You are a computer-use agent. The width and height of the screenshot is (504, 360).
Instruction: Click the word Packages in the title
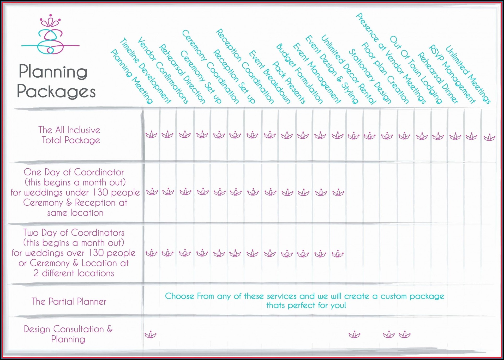pos(56,91)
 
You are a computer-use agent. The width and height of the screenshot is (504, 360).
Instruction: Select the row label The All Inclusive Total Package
pos(70,135)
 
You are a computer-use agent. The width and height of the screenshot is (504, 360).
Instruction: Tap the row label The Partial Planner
pos(69,302)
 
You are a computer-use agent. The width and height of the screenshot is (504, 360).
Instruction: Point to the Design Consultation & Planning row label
pos(68,334)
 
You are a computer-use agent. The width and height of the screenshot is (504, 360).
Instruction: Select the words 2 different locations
pos(74,273)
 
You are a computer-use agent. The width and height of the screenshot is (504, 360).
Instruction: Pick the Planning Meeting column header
pos(131,76)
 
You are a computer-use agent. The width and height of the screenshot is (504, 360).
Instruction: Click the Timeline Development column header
pos(145,70)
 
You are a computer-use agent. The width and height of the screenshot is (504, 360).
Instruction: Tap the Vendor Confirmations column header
pos(163,70)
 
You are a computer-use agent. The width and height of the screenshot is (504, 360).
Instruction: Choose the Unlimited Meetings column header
pos(468,75)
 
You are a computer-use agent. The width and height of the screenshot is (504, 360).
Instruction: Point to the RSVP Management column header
pos(452,74)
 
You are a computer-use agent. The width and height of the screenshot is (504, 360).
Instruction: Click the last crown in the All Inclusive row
pos(489,138)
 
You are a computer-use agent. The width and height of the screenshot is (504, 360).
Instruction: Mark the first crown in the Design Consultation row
pos(151,335)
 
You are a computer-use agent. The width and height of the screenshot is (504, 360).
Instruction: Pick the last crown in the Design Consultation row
pos(405,335)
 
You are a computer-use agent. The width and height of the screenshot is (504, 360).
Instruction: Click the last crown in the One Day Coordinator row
pos(338,193)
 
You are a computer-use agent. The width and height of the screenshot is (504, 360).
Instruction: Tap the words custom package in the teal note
pos(412,296)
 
